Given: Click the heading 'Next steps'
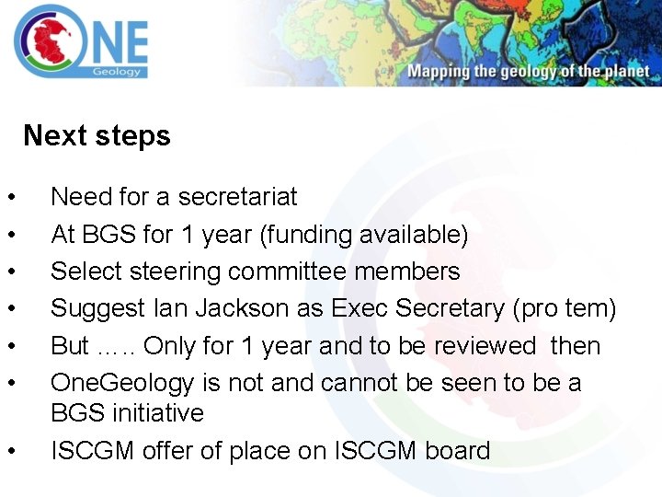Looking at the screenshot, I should click(97, 136).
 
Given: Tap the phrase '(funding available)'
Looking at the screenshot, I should click(364, 235).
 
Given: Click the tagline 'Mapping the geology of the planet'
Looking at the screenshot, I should click(528, 72).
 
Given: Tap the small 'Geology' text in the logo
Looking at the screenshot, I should click(117, 72).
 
